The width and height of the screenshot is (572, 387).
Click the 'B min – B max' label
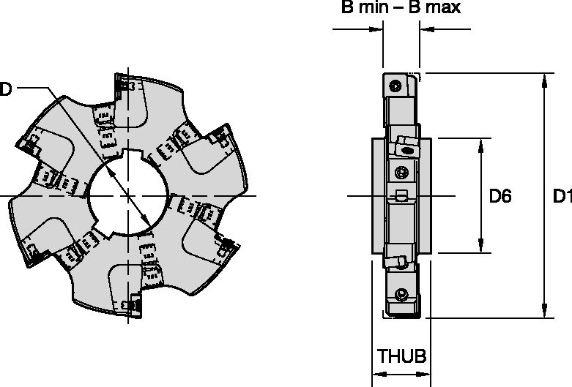pyautogui.click(x=400, y=9)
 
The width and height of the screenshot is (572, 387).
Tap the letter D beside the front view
pyautogui.click(x=6, y=89)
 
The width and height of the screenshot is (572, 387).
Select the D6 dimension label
pyautogui.click(x=499, y=196)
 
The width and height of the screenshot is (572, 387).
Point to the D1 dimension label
pyautogui.click(x=561, y=196)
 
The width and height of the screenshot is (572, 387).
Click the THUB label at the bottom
pyautogui.click(x=401, y=357)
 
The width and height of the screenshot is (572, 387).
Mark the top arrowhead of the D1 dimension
pyautogui.click(x=544, y=79)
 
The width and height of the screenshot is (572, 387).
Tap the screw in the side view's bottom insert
pyautogui.click(x=399, y=294)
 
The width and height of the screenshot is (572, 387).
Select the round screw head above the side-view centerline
pyautogui.click(x=399, y=172)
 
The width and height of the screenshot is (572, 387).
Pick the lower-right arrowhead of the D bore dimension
pyautogui.click(x=149, y=224)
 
